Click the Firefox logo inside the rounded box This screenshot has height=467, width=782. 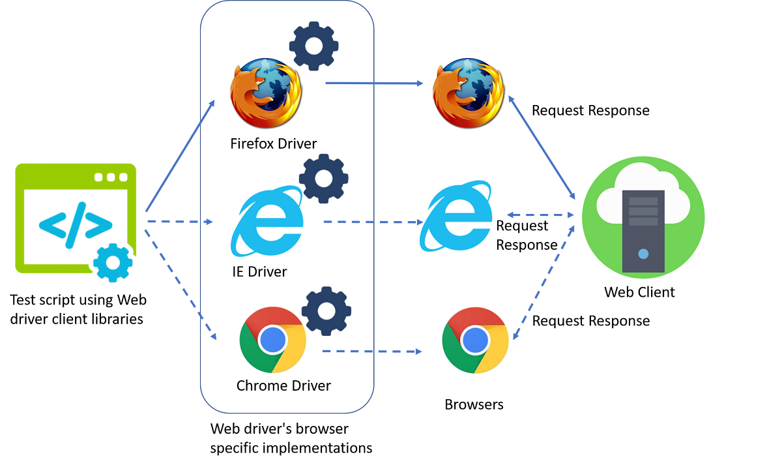click(266, 93)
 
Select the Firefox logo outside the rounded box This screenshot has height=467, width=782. click(469, 93)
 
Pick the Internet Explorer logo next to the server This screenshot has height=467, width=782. click(457, 217)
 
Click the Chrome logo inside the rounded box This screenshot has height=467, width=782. click(272, 340)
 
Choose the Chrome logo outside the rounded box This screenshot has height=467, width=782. click(475, 340)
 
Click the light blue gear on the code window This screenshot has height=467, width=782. click(113, 262)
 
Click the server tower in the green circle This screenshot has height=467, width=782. click(643, 231)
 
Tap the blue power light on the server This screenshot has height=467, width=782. click(643, 253)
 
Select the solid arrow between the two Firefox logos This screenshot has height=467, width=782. click(374, 83)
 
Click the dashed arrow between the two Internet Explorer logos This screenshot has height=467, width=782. click(373, 222)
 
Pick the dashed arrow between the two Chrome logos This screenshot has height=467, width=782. click(372, 352)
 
